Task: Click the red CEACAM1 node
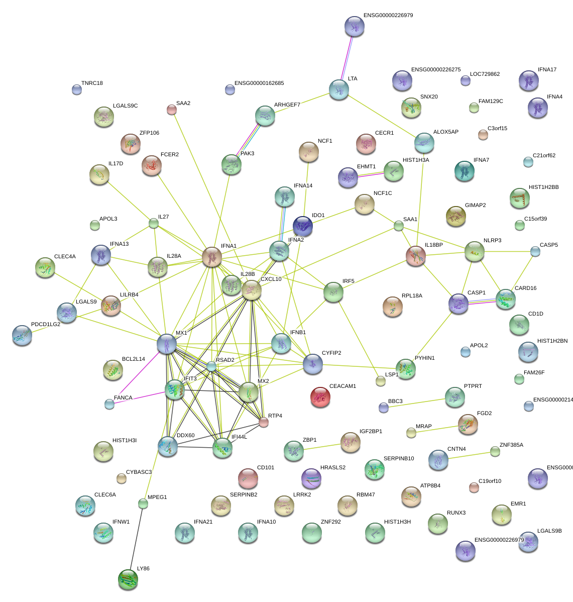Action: (x=320, y=396)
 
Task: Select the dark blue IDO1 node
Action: (x=303, y=226)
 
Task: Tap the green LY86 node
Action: (x=128, y=579)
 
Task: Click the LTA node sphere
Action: (x=339, y=89)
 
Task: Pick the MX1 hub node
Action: (x=167, y=343)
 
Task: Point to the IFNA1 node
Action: (x=212, y=256)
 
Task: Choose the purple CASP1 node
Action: (x=459, y=303)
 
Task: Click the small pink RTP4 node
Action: (x=264, y=422)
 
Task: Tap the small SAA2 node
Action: (x=172, y=110)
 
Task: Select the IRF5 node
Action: (x=333, y=291)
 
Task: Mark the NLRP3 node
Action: (x=474, y=251)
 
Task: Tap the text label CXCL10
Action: (x=271, y=279)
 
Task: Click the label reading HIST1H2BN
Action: (x=552, y=341)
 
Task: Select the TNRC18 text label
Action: (x=92, y=83)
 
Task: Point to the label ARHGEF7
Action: (x=287, y=105)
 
